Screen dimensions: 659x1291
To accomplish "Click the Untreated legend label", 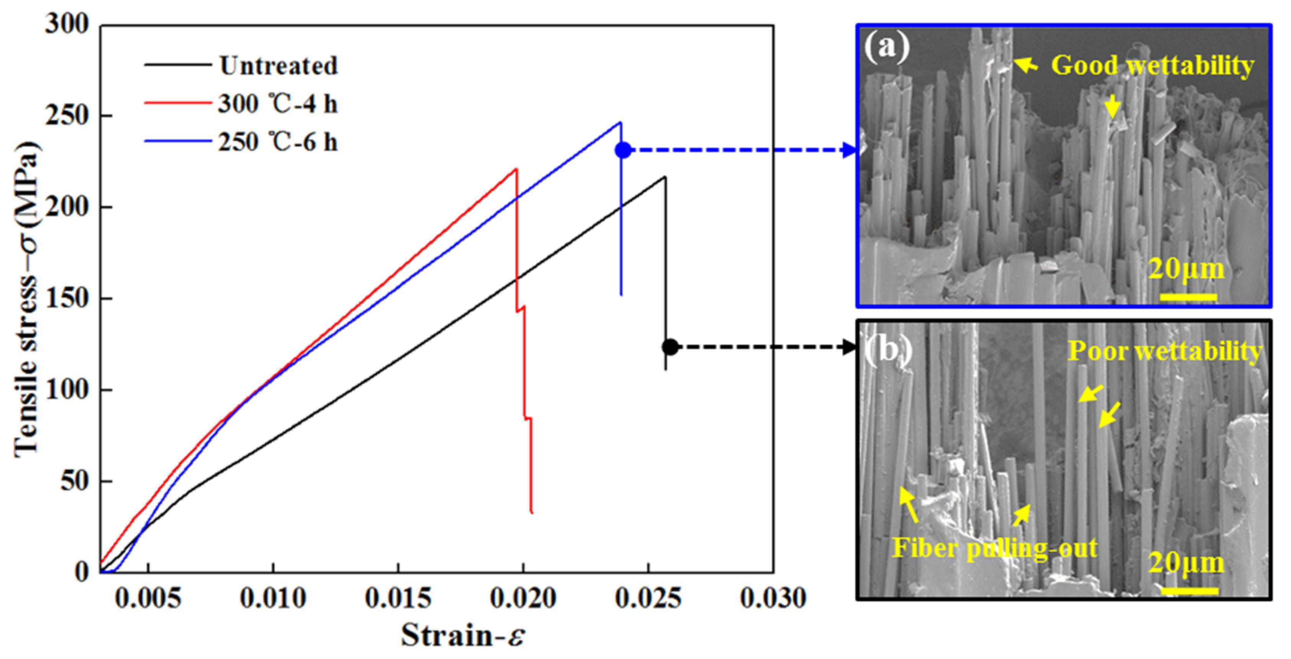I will tap(278, 66).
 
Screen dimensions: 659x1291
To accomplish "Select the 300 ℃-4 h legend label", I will tap(277, 104).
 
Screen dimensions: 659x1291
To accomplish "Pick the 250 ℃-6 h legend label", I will tap(277, 142).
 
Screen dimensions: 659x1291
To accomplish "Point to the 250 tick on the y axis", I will tap(67, 116).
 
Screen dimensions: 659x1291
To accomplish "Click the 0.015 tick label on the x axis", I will tap(398, 598).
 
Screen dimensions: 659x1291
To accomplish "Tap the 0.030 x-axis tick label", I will tap(773, 598).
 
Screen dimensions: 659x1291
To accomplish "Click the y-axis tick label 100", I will tap(67, 389).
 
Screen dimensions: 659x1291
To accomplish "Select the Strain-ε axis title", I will tap(463, 635).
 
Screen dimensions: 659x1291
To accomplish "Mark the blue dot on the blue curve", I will tap(623, 150).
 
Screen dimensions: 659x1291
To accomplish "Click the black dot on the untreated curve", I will tap(670, 347).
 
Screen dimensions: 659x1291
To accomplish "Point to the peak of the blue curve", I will tap(620, 122).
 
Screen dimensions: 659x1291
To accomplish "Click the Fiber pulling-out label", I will tap(995, 548).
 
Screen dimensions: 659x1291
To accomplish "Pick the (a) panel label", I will tap(886, 47).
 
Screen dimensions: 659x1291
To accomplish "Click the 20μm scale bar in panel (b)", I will tap(1189, 591).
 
